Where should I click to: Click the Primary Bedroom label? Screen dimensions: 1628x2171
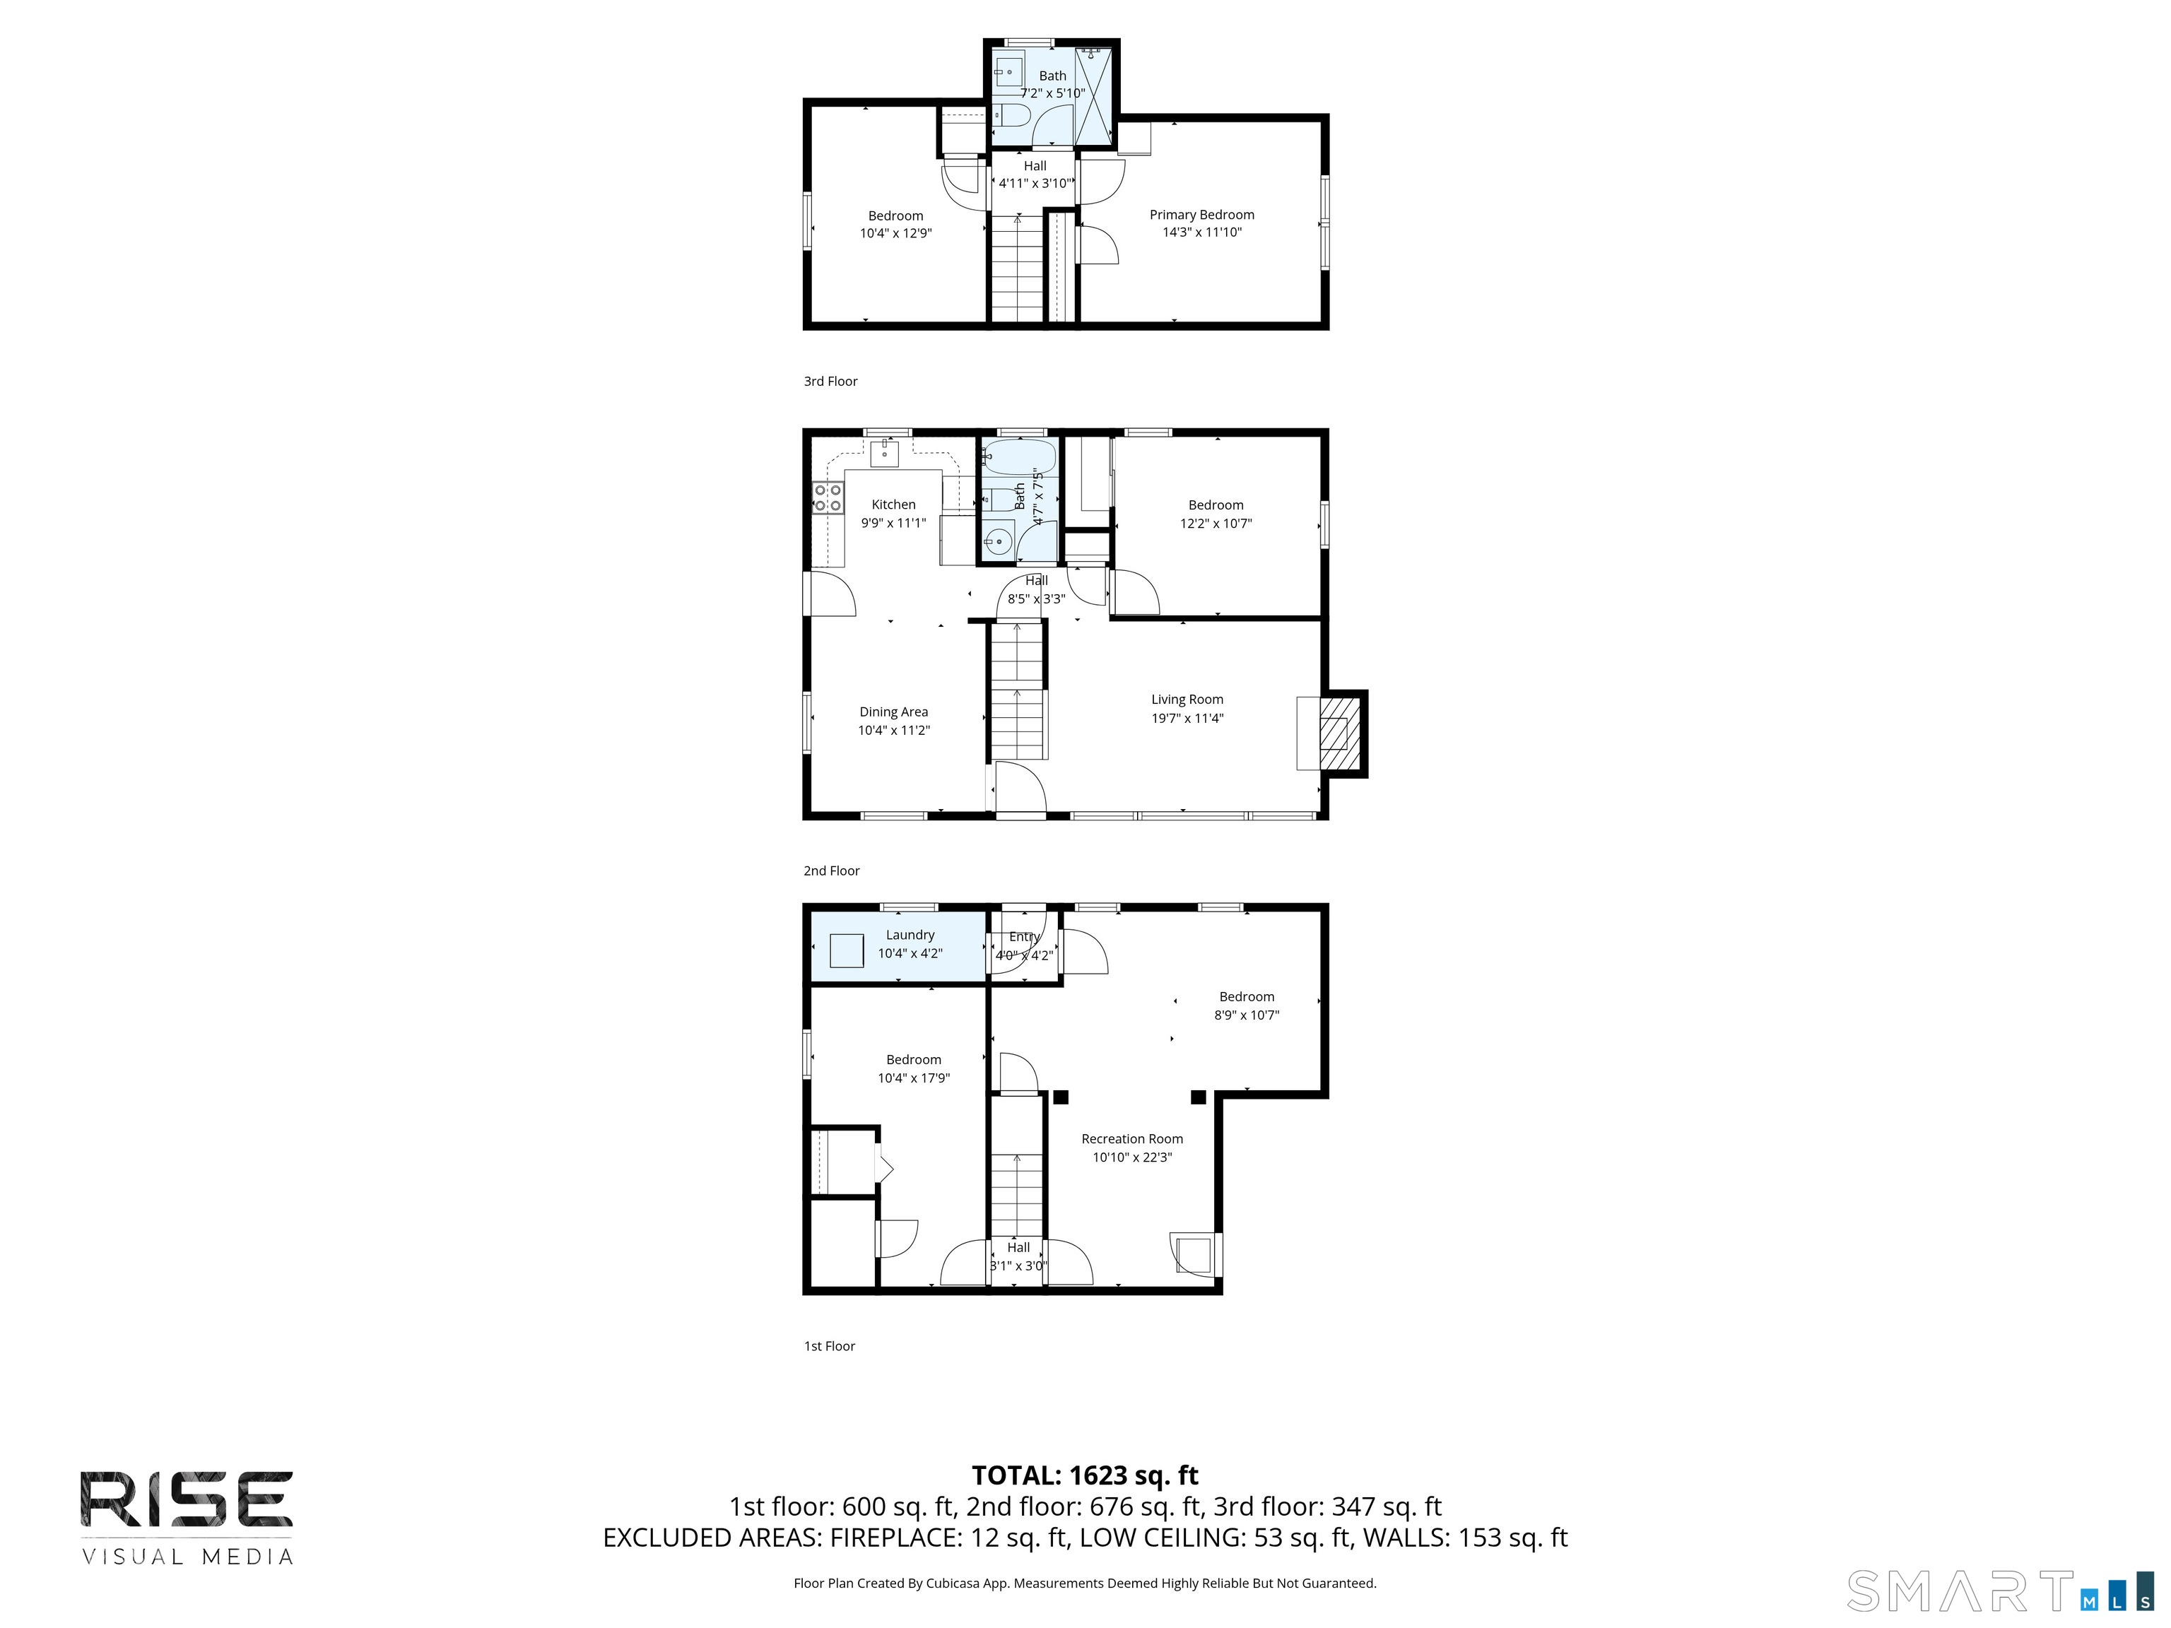click(1201, 215)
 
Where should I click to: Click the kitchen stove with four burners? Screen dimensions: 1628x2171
click(828, 497)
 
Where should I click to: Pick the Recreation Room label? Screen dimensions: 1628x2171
click(1131, 1139)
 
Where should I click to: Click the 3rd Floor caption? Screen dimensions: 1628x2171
click(830, 382)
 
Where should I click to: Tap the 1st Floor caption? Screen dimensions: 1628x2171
click(830, 1346)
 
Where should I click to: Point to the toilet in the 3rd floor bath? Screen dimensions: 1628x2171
click(1011, 117)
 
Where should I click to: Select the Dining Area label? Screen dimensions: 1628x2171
click(893, 712)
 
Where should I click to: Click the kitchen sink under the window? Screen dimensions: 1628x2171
click(884, 454)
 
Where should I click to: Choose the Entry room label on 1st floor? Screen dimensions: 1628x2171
click(1024, 937)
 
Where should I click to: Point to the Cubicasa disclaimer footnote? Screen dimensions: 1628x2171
click(1085, 1583)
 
